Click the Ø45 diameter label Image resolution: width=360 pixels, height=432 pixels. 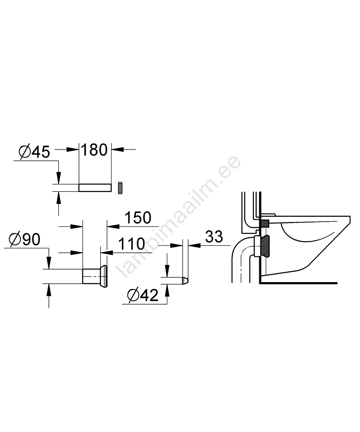(x=35, y=152)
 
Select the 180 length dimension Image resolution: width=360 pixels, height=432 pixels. (x=94, y=150)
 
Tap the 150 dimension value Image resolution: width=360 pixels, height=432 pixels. (x=138, y=217)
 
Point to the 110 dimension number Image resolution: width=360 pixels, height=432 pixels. (x=131, y=244)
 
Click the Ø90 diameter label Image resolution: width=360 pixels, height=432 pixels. (x=25, y=239)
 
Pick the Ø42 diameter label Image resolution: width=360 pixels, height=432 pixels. (x=143, y=295)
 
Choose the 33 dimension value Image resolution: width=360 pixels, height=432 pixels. (x=214, y=237)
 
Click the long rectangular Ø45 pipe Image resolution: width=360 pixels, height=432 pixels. (x=96, y=187)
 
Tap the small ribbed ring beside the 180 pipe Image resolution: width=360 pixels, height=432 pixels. (x=120, y=188)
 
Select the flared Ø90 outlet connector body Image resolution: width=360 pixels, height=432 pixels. (x=95, y=276)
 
